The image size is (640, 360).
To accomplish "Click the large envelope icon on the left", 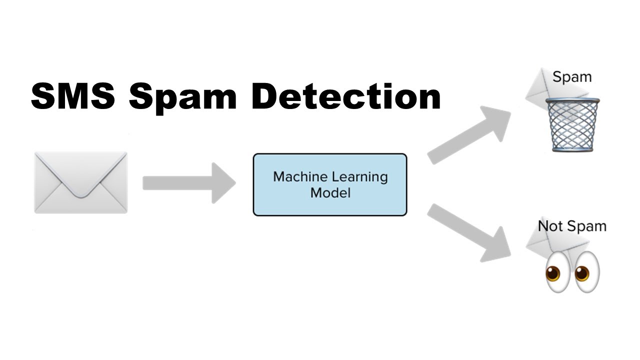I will click(80, 182).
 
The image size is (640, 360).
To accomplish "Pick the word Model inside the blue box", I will click(330, 192).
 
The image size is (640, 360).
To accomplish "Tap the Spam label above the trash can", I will click(571, 77).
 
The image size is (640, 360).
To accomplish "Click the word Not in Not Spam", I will click(548, 226).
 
